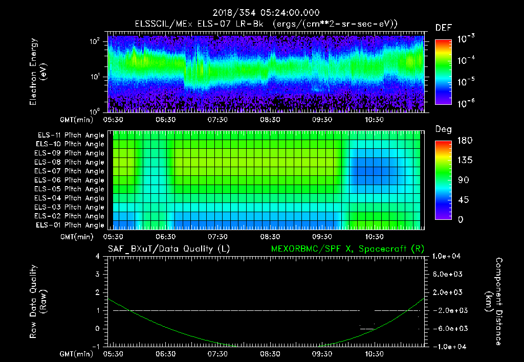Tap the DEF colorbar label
[x=443, y=28]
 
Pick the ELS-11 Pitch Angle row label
[x=69, y=135]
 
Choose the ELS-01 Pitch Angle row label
[x=69, y=225]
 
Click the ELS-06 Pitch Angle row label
[x=69, y=180]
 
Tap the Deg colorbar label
[x=443, y=129]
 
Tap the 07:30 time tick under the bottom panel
[x=218, y=354]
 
